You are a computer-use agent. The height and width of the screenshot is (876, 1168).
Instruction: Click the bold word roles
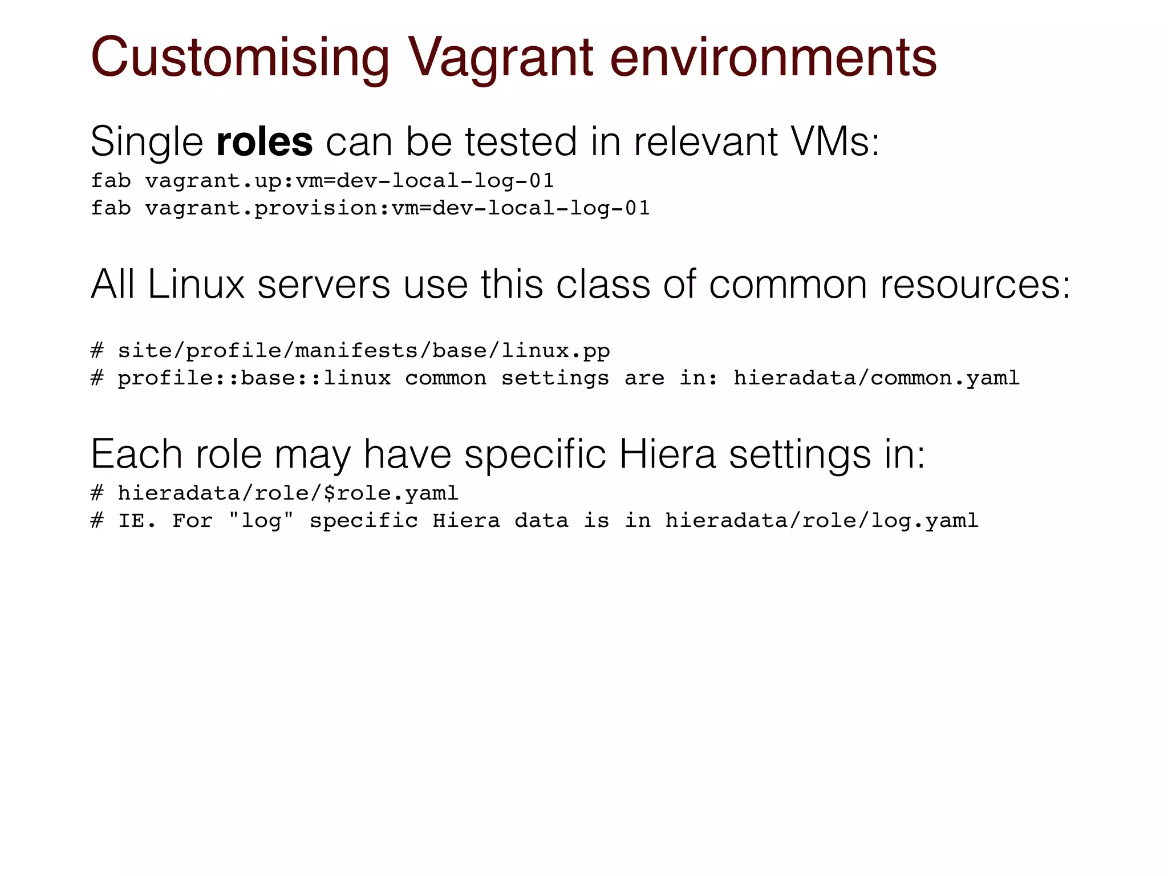coord(264,141)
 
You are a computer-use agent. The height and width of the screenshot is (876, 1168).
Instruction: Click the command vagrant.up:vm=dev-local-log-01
coord(349,181)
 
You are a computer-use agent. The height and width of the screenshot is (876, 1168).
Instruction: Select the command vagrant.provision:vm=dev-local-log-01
coord(397,209)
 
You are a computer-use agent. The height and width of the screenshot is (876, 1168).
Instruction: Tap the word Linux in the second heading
coord(196,284)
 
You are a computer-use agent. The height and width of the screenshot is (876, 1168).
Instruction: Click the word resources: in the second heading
coord(975,284)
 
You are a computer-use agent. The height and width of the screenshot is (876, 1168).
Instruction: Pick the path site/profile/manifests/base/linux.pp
coord(363,351)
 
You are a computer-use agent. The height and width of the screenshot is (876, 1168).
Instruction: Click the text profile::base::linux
coord(254,378)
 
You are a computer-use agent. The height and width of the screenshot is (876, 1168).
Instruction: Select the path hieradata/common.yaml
coord(876,378)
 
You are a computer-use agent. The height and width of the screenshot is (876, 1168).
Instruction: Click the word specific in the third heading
coord(535,455)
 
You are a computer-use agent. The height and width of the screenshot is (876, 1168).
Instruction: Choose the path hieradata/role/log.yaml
coord(821,521)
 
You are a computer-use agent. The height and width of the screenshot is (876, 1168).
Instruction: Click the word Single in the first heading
coord(147,141)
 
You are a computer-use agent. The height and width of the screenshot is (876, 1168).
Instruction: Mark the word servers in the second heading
coord(323,284)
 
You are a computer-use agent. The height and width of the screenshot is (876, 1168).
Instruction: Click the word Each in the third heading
coord(136,455)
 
